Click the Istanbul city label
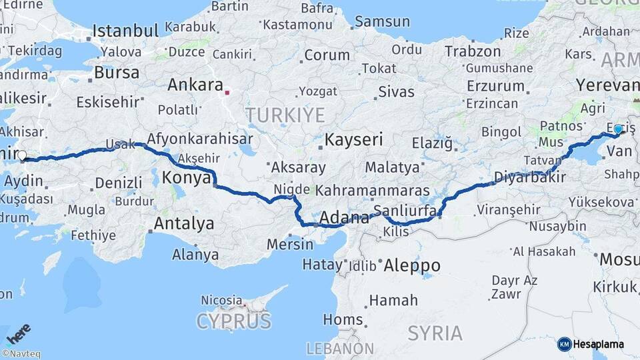point(125,31)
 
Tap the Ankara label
point(195,85)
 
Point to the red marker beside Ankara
point(227,93)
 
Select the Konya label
point(187,178)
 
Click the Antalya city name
point(184,223)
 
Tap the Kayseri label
point(353,140)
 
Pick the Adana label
point(344,217)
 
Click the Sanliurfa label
point(405,211)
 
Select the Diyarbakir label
point(530,177)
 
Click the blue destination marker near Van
point(618,129)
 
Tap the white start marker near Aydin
point(22,156)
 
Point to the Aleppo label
point(412,265)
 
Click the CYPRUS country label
point(234,321)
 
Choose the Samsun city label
point(382,21)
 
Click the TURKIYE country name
point(285,115)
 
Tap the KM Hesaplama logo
point(591,344)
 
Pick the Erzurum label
point(495,86)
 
